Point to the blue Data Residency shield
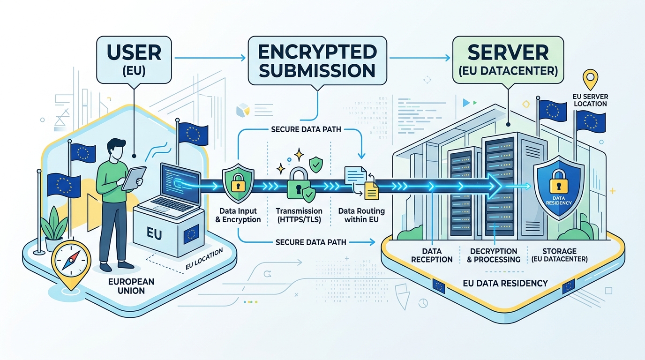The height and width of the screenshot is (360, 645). click(556, 187)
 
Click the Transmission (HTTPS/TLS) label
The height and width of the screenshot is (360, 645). click(299, 215)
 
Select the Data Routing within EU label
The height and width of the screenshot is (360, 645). click(359, 215)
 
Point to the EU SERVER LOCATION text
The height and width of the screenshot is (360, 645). click(590, 100)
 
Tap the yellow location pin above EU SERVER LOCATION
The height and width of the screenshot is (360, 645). click(590, 79)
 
